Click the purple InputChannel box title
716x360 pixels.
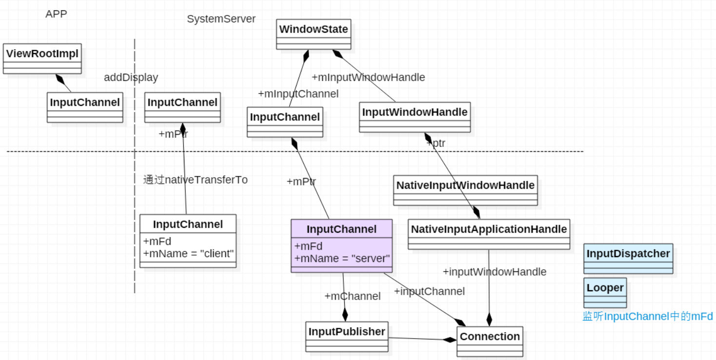[x=341, y=229]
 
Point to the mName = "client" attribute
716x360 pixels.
[x=188, y=254]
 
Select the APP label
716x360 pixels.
[x=56, y=14]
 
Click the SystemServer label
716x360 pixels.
[x=221, y=19]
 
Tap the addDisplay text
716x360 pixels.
[x=131, y=78]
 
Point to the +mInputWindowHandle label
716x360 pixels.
[x=368, y=78]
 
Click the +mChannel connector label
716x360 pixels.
[x=352, y=296]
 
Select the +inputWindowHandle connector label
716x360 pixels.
[x=494, y=272]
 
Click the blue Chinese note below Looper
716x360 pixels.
[x=647, y=317]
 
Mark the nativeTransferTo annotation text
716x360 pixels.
[x=195, y=180]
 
